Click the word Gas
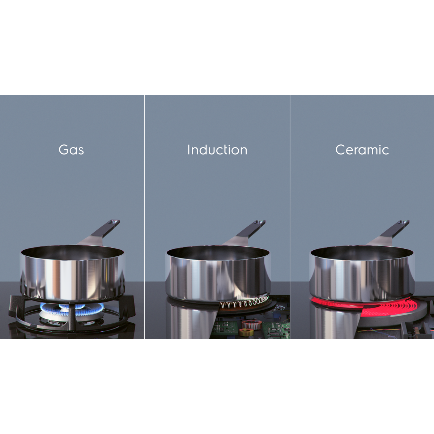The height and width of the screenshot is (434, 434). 71,150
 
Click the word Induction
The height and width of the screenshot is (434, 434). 217,150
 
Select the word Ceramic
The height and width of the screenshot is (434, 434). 362,150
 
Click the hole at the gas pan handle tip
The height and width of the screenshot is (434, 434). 115,222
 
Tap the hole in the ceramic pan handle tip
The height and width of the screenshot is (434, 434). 405,222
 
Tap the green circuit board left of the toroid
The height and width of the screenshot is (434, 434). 226,327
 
